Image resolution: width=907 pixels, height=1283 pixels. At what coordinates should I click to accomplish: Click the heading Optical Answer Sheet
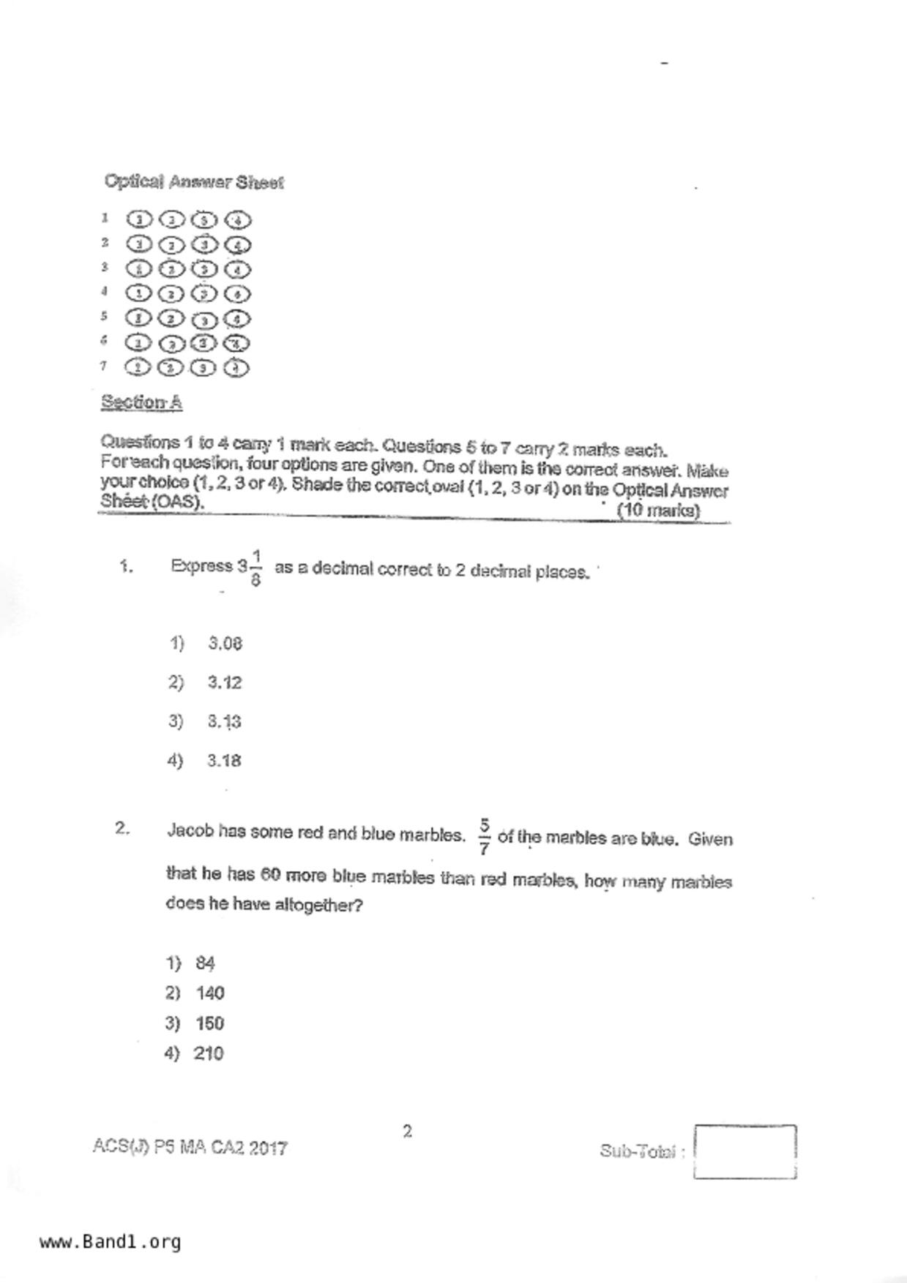[193, 181]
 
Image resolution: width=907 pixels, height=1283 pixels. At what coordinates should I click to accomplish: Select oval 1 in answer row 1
[138, 219]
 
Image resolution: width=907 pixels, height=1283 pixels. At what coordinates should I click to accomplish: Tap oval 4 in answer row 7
[236, 368]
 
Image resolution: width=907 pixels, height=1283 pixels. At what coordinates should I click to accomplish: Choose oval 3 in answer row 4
[204, 294]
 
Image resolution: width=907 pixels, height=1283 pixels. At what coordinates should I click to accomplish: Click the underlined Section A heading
[141, 402]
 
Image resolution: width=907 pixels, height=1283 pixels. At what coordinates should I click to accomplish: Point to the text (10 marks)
[658, 511]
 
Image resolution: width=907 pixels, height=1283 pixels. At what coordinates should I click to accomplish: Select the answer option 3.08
[225, 644]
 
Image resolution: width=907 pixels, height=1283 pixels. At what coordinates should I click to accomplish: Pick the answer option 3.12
[224, 682]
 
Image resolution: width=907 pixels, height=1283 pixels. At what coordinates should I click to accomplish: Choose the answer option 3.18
[224, 761]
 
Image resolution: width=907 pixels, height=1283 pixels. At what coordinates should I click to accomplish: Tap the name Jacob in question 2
[190, 831]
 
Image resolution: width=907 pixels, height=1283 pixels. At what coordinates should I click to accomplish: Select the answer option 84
[205, 963]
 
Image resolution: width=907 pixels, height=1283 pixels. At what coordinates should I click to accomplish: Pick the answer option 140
[210, 993]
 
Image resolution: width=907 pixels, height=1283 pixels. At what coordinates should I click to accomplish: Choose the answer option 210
[209, 1053]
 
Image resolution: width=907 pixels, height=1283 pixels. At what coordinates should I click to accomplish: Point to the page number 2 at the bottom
[407, 1132]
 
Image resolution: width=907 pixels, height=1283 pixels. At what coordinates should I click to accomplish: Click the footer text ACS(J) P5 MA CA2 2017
[190, 1147]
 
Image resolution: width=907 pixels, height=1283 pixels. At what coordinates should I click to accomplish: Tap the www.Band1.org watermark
[111, 1241]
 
